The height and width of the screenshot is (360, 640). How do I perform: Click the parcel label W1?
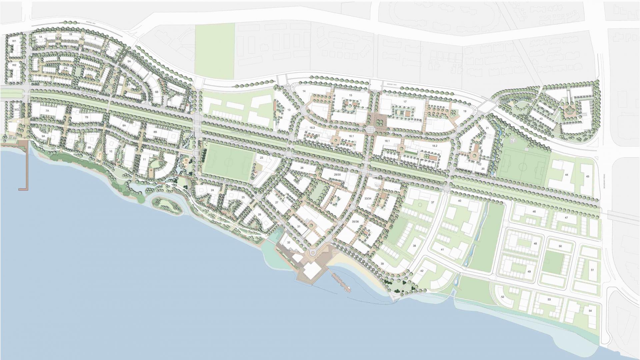pos(14,41)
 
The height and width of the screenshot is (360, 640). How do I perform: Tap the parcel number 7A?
pos(47,110)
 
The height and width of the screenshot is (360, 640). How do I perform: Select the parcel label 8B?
pos(155,132)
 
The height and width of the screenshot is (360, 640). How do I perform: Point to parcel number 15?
pos(350,95)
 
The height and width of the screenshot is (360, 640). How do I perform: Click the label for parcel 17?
pos(405,102)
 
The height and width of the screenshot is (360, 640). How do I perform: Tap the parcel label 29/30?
pos(337,175)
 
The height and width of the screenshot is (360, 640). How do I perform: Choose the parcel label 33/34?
pos(368,198)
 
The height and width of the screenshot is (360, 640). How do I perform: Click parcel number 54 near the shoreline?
pos(590,311)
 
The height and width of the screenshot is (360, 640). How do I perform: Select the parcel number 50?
pos(560,246)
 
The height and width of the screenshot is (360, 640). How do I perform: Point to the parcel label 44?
pos(566,175)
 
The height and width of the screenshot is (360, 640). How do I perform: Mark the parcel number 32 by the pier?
pos(289,242)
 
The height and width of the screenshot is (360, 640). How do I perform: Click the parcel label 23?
pos(261,158)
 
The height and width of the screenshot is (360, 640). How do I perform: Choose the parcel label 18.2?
pos(434,146)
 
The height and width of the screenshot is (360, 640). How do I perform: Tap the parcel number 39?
pos(382,264)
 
